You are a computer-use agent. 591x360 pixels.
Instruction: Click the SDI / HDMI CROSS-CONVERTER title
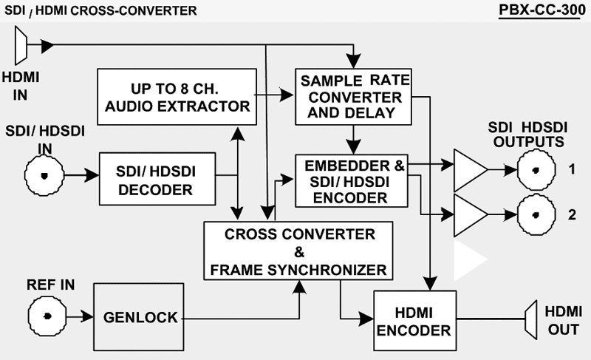coord(100,11)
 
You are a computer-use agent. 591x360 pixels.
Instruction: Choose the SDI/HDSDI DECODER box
coord(157,179)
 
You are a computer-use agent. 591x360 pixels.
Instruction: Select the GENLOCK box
coord(140,318)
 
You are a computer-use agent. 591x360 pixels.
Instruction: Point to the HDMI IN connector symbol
coord(21,45)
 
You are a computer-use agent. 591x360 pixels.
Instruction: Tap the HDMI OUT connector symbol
coord(531,319)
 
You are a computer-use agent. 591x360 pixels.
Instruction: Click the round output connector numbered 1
coord(533,170)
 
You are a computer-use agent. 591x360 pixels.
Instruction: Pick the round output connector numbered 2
coord(533,214)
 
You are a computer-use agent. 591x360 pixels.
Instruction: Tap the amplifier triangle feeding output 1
coord(468,170)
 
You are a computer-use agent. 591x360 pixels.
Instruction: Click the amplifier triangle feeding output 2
coord(468,214)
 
